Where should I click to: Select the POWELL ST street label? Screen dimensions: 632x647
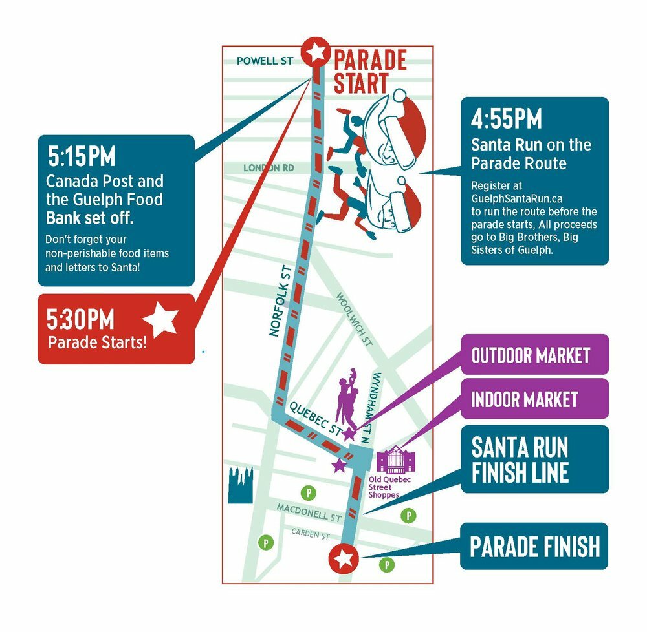pyautogui.click(x=265, y=61)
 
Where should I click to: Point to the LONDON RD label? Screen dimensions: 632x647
pyautogui.click(x=268, y=168)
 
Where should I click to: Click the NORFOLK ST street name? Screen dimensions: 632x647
pyautogui.click(x=281, y=300)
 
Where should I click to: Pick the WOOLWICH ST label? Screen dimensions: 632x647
pyautogui.click(x=354, y=320)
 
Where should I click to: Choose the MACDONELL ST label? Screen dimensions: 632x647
pyautogui.click(x=309, y=513)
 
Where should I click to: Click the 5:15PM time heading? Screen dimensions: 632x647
pyautogui.click(x=82, y=157)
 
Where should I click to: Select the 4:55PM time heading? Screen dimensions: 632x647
pyautogui.click(x=506, y=120)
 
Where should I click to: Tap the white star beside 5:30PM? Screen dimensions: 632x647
pyautogui.click(x=160, y=320)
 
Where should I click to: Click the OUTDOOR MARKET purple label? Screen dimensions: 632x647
pyautogui.click(x=531, y=355)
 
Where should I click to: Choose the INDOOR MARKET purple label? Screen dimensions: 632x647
pyautogui.click(x=524, y=399)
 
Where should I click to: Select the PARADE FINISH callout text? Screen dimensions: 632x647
pyautogui.click(x=534, y=547)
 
